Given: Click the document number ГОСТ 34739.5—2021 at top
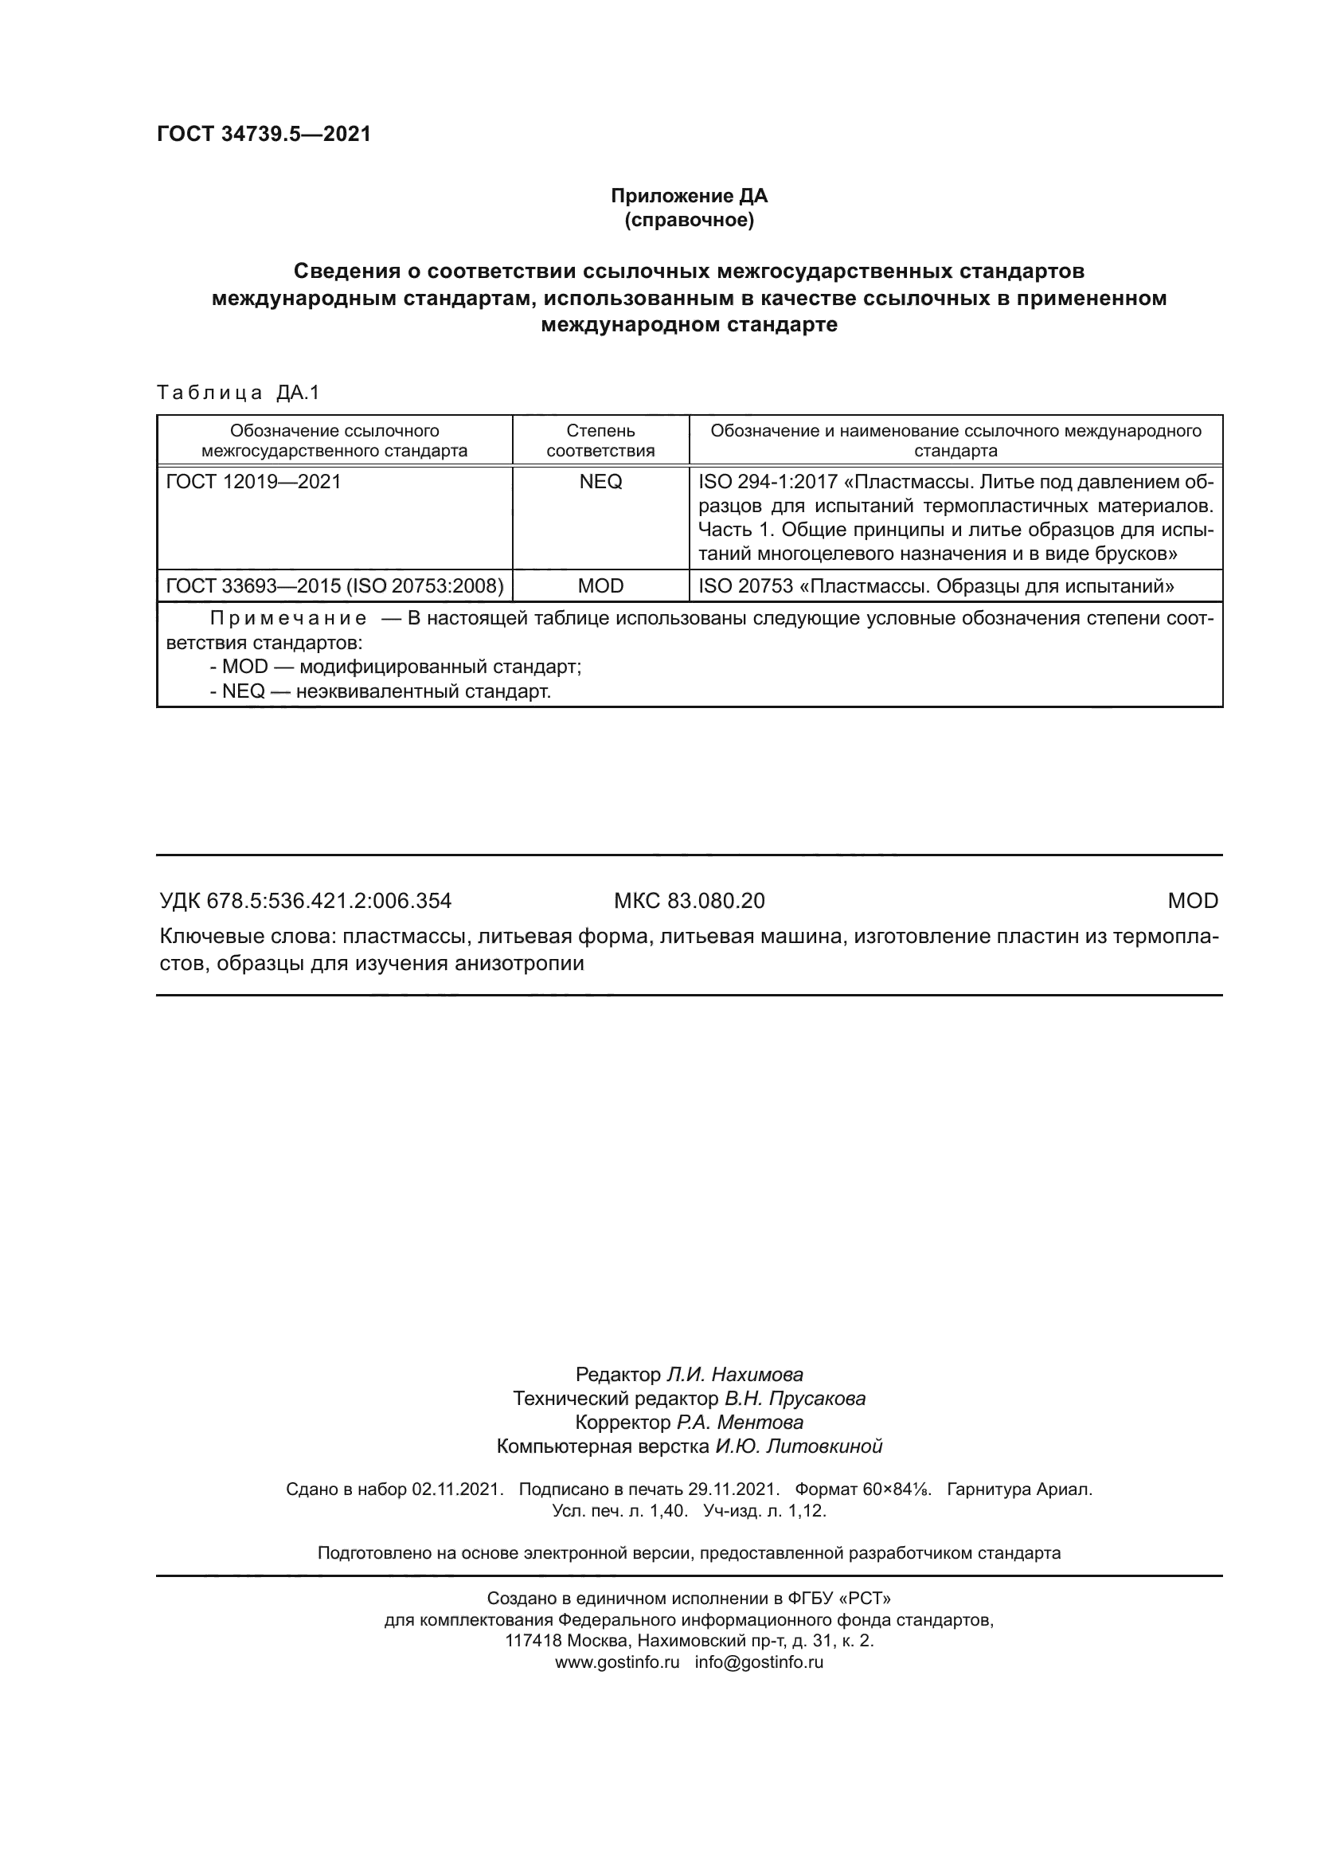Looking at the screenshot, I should coord(264,134).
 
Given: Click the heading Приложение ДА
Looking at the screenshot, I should coord(689,196).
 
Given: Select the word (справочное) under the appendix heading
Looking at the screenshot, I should coord(689,220).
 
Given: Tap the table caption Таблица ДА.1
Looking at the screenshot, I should coord(238,393).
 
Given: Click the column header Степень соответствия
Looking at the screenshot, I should coord(600,440).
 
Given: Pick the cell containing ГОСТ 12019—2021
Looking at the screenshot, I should coord(253,482).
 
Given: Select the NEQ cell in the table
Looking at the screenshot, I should coord(600,482).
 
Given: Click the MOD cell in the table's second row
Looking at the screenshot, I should coord(600,585).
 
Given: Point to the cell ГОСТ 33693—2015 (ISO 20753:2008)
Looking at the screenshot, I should coord(334,585).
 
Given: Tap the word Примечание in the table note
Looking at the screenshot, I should coord(288,619).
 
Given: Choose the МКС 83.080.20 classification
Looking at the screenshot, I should coord(689,901).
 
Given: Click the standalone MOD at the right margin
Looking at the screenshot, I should coord(1192,901).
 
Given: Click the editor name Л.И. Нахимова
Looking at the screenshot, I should coord(734,1375).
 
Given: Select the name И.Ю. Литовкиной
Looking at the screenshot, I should coord(798,1446).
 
